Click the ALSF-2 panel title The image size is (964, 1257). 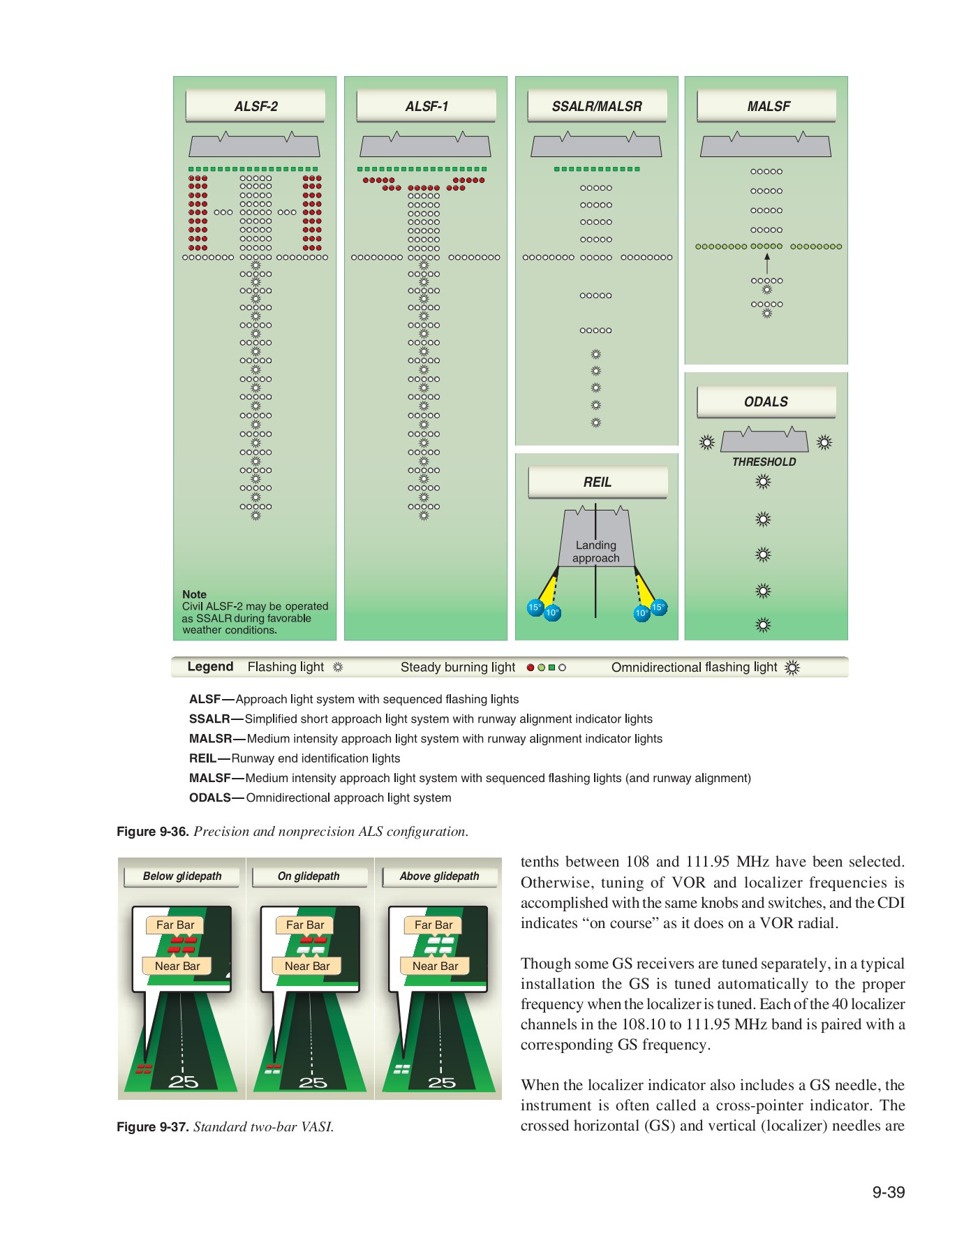click(255, 106)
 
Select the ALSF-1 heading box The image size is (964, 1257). click(427, 106)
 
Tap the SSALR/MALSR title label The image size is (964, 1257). click(597, 106)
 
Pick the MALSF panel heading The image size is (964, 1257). click(768, 106)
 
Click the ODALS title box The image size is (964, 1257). click(766, 402)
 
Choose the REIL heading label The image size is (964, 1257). click(598, 482)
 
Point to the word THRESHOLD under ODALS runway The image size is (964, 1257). click(764, 462)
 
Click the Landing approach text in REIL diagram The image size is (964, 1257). click(595, 551)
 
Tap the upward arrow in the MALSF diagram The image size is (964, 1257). click(767, 263)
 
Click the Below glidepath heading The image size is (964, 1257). click(182, 876)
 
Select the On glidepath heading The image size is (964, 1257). click(309, 876)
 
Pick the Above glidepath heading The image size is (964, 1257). click(440, 876)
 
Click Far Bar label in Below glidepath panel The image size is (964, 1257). click(175, 925)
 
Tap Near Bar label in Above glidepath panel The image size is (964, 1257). click(435, 966)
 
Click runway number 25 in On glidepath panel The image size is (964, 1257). click(312, 1082)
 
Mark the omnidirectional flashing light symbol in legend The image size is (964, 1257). click(792, 668)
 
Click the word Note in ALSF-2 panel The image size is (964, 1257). click(194, 594)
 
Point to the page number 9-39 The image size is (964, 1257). click(888, 1192)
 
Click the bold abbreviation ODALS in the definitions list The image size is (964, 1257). click(209, 797)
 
